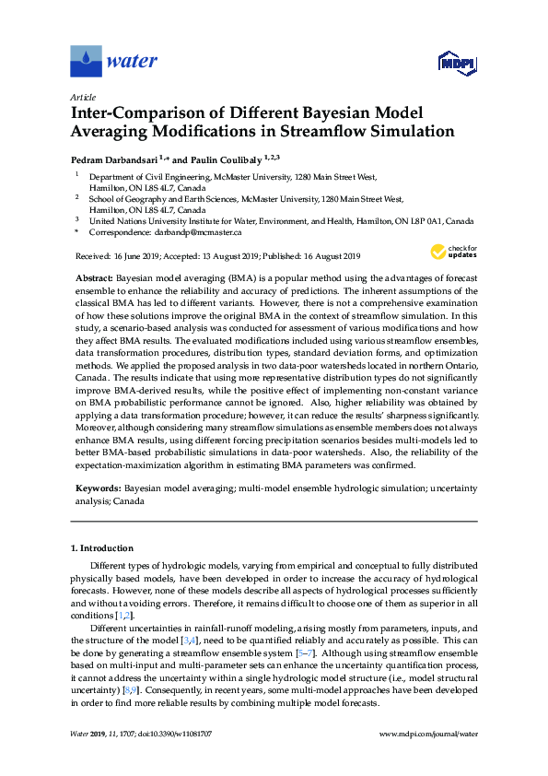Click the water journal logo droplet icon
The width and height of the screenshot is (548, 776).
point(86,62)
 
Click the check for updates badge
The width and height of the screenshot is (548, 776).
point(453,252)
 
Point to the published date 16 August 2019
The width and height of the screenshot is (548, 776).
point(329,256)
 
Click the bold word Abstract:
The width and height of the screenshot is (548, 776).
point(94,277)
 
